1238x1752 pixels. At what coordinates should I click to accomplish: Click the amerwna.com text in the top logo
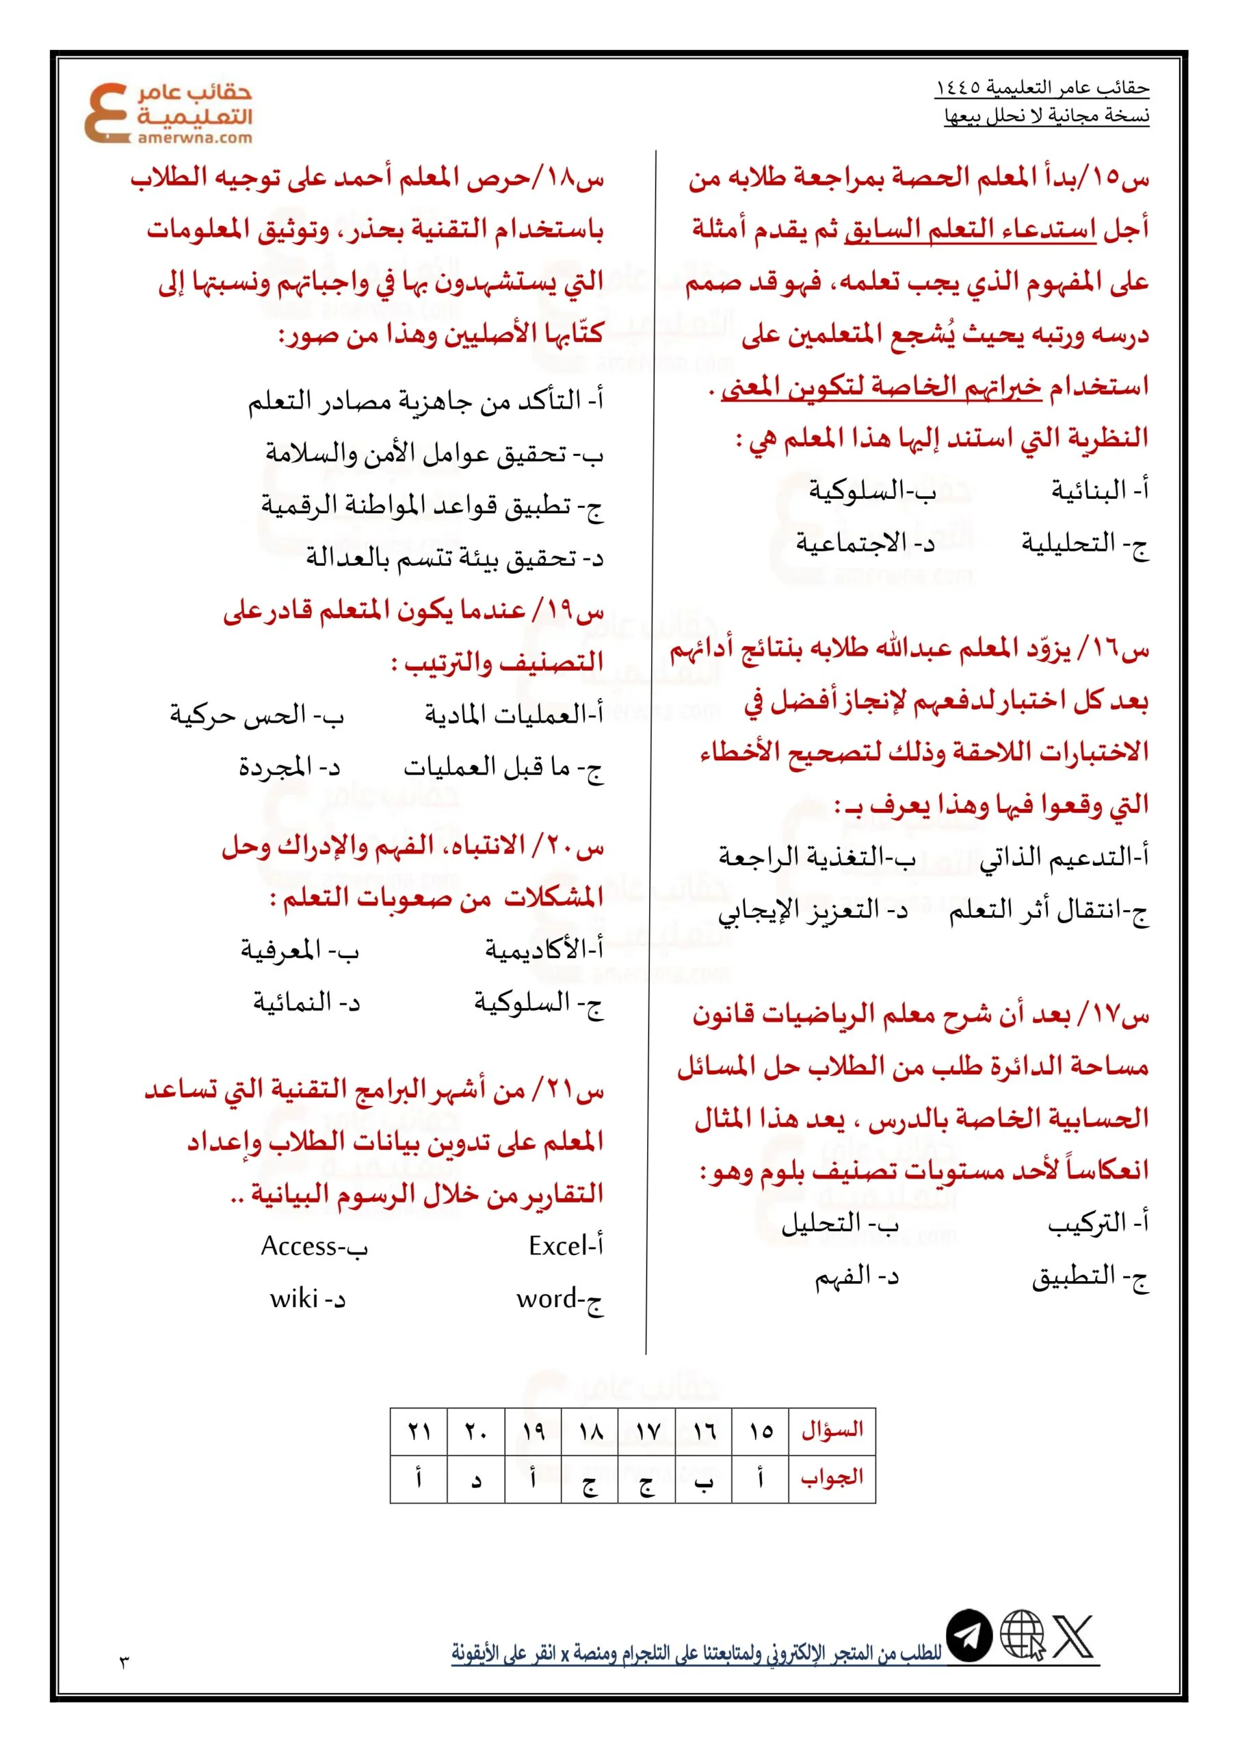point(194,138)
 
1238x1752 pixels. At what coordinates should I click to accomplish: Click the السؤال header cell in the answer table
point(832,1429)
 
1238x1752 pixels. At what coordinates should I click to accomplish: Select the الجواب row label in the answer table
point(832,1478)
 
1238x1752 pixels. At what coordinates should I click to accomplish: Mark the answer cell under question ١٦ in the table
point(703,1479)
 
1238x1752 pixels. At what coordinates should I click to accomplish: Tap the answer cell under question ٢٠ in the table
point(476,1479)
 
